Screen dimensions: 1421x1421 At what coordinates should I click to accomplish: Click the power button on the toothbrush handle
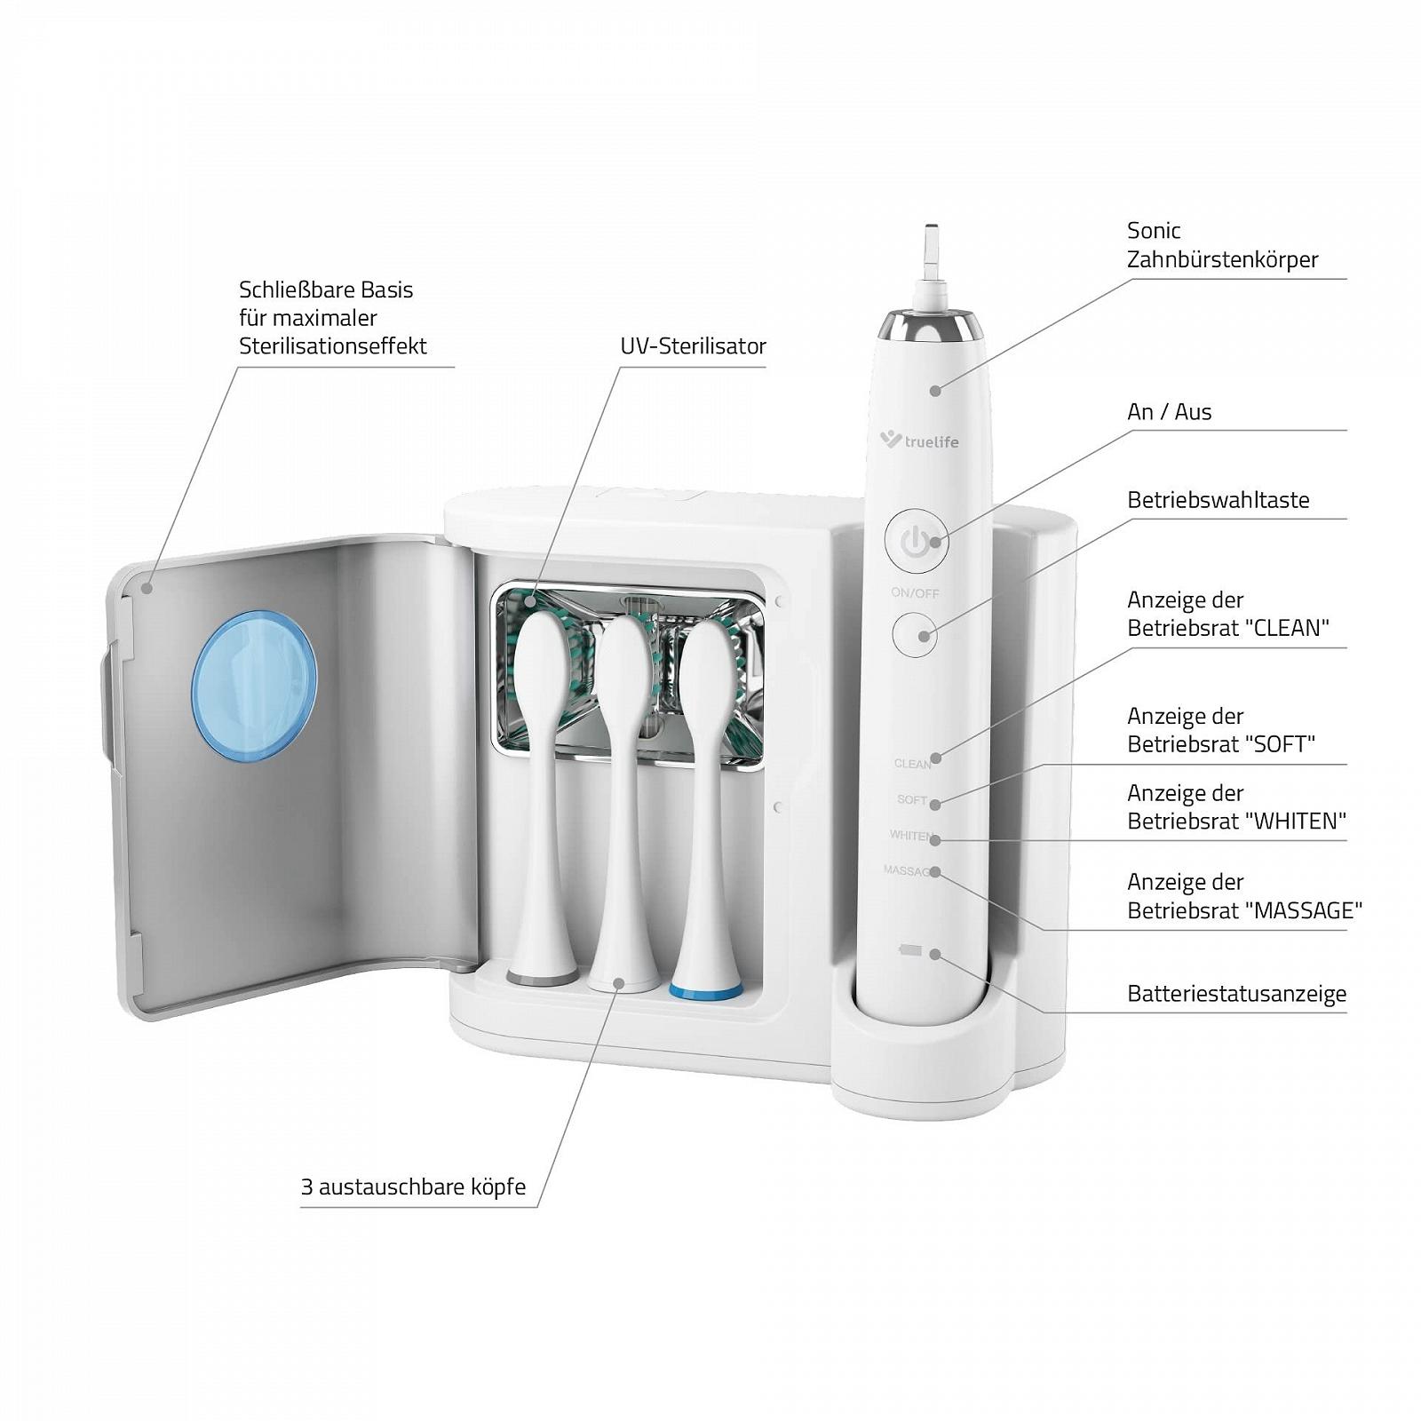coord(916,540)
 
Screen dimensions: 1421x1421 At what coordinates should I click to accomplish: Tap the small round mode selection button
coord(915,635)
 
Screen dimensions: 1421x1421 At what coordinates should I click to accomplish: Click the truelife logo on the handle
coord(919,440)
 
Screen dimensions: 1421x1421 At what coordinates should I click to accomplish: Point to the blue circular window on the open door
coord(254,685)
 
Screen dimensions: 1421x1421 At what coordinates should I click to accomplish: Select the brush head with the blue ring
coord(707,808)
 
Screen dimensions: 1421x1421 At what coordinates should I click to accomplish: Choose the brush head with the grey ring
coord(542,799)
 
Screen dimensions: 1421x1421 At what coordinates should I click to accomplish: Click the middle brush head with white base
coord(623,804)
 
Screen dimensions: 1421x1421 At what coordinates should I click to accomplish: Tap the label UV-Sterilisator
coord(693,346)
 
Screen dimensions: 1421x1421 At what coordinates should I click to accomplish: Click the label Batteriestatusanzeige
coord(1236,994)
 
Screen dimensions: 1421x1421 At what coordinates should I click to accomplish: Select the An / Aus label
coord(1169,412)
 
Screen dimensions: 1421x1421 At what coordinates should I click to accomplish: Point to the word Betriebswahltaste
coord(1219,500)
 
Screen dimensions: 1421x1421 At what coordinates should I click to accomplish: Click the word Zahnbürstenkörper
coord(1222,259)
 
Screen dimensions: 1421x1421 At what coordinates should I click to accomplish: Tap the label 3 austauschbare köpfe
coord(413,1187)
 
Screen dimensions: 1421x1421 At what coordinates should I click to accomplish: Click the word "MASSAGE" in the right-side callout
coord(1303,910)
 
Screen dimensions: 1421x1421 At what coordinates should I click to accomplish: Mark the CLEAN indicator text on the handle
coord(912,764)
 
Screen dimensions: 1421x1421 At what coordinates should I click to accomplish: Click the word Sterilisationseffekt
coord(333,346)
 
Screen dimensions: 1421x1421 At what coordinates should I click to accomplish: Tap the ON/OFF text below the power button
coord(915,593)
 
